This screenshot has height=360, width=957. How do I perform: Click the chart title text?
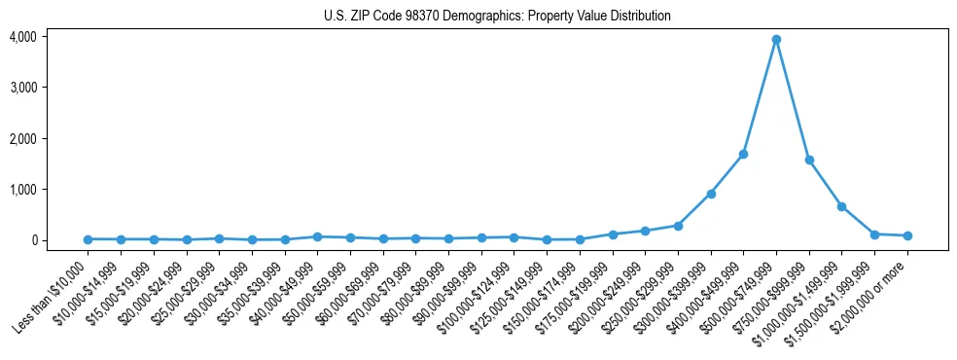(x=497, y=17)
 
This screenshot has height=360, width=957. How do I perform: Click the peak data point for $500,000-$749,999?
(x=776, y=40)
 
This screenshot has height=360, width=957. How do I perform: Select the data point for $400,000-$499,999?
(x=743, y=154)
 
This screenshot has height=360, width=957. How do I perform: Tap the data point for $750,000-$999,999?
(x=809, y=160)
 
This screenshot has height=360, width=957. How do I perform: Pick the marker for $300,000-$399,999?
(x=711, y=194)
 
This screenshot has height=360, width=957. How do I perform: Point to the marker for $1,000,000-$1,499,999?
(x=841, y=206)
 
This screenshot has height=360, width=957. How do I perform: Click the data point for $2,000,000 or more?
(x=907, y=235)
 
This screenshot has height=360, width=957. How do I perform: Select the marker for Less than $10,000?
(x=88, y=239)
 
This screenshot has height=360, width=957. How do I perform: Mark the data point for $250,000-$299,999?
(x=678, y=226)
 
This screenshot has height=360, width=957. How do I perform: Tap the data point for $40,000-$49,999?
(x=317, y=236)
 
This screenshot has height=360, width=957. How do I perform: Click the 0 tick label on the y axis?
(x=32, y=240)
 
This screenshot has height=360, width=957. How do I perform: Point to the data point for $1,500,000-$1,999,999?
(x=874, y=234)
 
